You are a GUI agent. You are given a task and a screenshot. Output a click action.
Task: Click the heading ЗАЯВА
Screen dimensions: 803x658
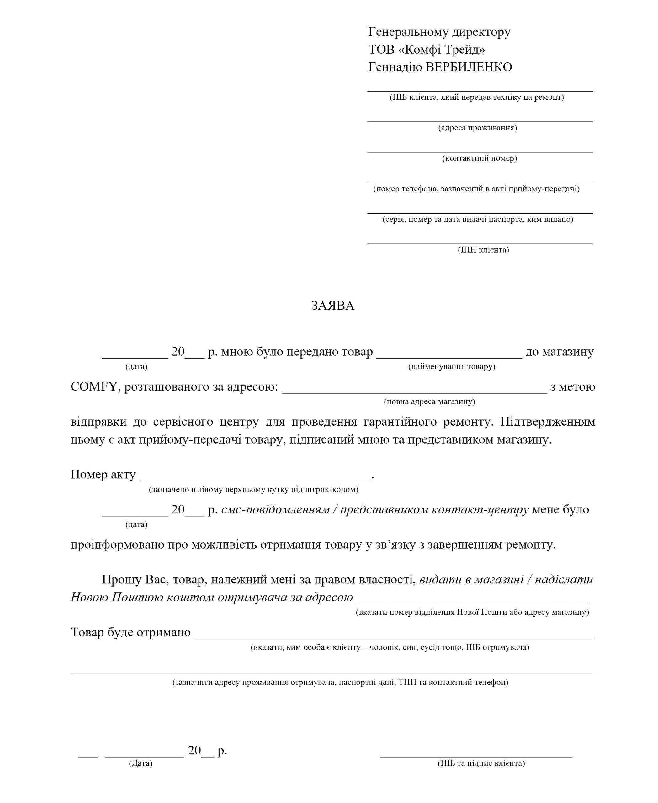coord(332,306)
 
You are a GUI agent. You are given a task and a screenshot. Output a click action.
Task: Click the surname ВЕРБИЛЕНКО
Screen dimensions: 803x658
coord(469,67)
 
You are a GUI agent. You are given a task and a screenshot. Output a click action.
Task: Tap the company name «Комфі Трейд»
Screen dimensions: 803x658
coord(442,49)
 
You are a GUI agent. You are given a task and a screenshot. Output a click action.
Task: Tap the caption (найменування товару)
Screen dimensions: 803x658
coord(451,366)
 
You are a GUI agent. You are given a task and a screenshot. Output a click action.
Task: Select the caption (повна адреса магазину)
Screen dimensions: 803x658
coord(429,401)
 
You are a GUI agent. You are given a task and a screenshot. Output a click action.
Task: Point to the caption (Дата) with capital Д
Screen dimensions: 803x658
coord(141,763)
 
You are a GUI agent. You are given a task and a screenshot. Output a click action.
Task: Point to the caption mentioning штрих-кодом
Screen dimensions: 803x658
coord(253,489)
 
